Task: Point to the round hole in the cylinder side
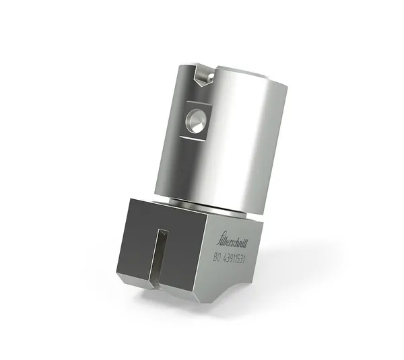click(196, 121)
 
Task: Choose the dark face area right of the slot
click(186, 259)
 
